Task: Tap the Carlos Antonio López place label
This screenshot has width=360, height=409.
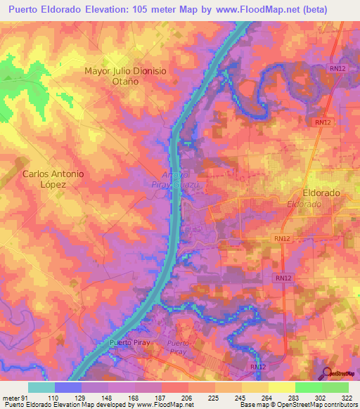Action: tap(53, 178)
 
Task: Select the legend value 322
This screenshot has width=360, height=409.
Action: tap(348, 398)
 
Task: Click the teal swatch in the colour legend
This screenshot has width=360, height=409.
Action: tap(41, 387)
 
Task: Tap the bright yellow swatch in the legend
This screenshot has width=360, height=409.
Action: tap(281, 387)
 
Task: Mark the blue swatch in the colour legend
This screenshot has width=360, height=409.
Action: tap(68, 387)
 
